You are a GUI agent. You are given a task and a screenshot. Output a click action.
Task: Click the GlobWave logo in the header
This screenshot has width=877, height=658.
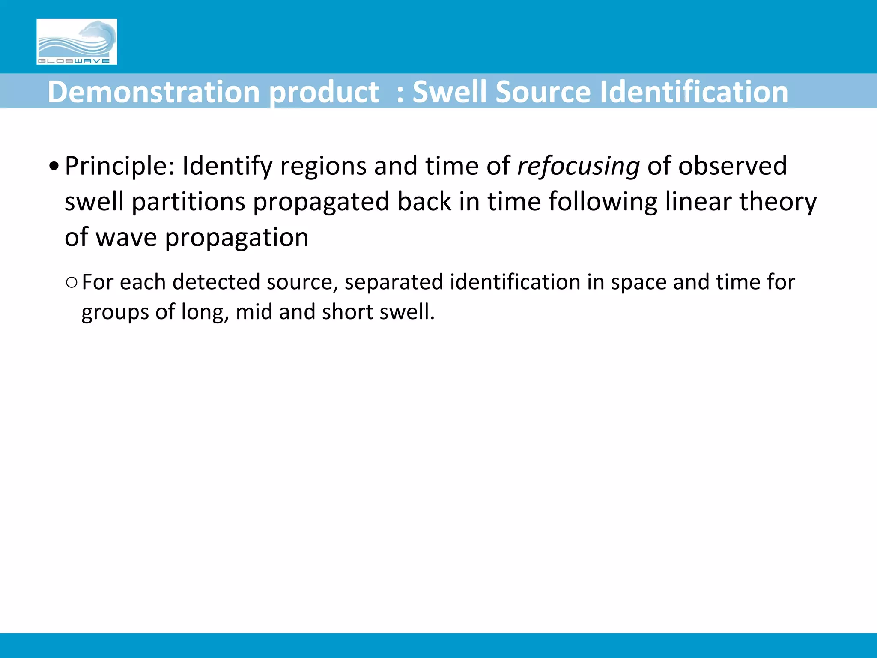77,42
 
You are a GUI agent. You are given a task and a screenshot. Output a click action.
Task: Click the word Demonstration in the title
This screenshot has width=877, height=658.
153,92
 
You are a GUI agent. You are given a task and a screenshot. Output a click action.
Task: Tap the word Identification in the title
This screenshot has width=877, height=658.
694,92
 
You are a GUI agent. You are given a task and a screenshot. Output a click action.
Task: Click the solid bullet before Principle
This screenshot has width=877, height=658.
54,166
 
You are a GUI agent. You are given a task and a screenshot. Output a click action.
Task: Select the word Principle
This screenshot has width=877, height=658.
119,166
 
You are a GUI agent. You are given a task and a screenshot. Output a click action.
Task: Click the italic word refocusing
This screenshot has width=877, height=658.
579,166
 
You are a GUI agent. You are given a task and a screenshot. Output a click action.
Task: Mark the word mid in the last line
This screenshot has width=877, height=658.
254,312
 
